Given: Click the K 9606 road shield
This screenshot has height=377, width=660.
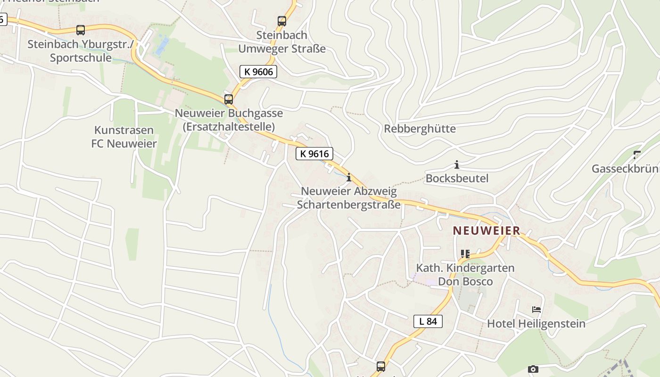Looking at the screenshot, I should pyautogui.click(x=258, y=72).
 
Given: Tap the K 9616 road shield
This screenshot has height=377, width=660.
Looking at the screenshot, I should pyautogui.click(x=314, y=154).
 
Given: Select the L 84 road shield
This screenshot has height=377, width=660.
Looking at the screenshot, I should pyautogui.click(x=428, y=321).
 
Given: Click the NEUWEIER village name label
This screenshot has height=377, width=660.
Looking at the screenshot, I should pyautogui.click(x=487, y=231).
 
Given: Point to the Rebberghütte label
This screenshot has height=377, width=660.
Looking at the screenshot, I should pyautogui.click(x=420, y=129).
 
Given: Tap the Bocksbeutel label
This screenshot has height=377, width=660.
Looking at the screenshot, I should pyautogui.click(x=457, y=179).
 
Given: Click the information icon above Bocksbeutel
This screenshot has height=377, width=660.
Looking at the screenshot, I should pyautogui.click(x=456, y=164).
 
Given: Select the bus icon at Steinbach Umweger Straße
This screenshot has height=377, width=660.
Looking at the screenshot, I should pyautogui.click(x=282, y=21).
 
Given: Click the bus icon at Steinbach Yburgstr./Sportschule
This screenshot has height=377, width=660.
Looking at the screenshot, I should pyautogui.click(x=81, y=30).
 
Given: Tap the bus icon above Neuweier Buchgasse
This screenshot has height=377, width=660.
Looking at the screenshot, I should pyautogui.click(x=229, y=99).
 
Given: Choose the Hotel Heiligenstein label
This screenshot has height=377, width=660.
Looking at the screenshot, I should pyautogui.click(x=536, y=324).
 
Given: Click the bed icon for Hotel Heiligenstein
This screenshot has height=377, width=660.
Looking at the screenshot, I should pyautogui.click(x=536, y=310).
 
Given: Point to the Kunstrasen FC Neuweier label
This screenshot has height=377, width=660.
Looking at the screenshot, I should pyautogui.click(x=124, y=137).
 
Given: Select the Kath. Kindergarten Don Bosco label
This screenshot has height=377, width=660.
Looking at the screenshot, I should pyautogui.click(x=465, y=274).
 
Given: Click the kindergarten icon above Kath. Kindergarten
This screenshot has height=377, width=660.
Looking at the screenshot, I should pyautogui.click(x=465, y=254).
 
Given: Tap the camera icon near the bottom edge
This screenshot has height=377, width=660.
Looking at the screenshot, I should pyautogui.click(x=533, y=369).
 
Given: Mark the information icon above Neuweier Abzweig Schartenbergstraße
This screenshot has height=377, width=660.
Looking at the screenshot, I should pyautogui.click(x=349, y=177).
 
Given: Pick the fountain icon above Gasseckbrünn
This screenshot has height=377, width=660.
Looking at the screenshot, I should pyautogui.click(x=637, y=154).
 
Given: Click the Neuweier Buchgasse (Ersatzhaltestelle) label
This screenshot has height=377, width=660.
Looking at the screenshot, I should pyautogui.click(x=229, y=120).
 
